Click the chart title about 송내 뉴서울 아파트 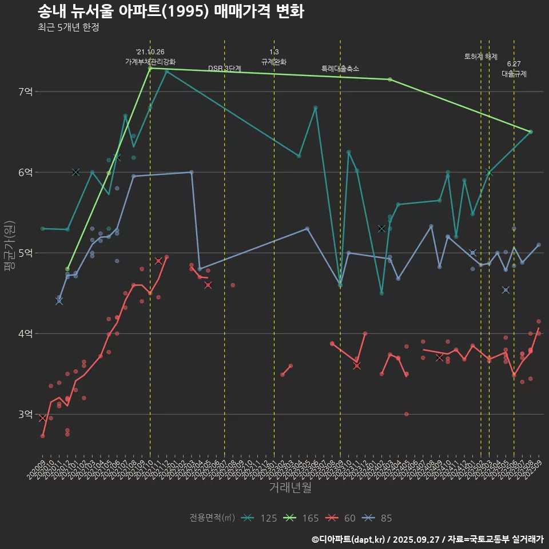click(x=170, y=11)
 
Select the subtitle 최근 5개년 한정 click(x=68, y=27)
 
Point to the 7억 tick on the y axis click(x=26, y=91)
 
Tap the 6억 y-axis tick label click(x=26, y=172)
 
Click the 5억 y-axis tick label click(x=26, y=253)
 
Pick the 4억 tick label click(x=26, y=333)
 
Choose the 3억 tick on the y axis click(x=26, y=414)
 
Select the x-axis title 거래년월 click(x=290, y=487)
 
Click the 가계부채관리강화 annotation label click(x=150, y=62)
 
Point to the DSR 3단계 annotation click(x=225, y=69)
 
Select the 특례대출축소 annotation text click(x=340, y=69)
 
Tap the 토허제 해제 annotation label click(x=481, y=57)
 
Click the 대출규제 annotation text click(x=514, y=74)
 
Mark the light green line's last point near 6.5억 click(x=530, y=132)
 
